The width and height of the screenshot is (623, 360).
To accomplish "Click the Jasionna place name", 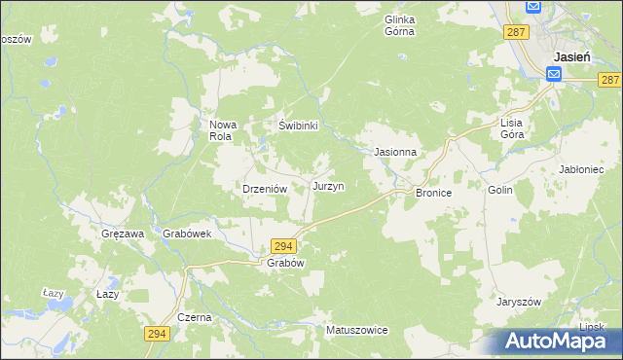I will tap(395, 153).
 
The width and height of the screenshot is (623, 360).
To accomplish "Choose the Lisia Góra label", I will tap(512, 128).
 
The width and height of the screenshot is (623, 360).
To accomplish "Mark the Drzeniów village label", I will tap(262, 190).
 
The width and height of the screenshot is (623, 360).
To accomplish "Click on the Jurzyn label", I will tap(327, 185).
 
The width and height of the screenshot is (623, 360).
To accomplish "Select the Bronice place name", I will tap(434, 194).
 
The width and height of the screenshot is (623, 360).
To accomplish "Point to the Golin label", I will tap(500, 191).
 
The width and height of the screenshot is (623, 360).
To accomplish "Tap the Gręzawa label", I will tap(123, 234).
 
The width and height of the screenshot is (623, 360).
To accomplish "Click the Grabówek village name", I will tap(188, 234).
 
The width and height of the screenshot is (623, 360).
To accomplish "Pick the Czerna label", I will tap(195, 318).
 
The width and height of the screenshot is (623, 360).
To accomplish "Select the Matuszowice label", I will tap(357, 331).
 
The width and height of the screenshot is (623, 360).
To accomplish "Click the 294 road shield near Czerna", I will tap(158, 334).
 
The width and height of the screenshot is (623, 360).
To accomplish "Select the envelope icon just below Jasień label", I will tap(554, 74).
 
